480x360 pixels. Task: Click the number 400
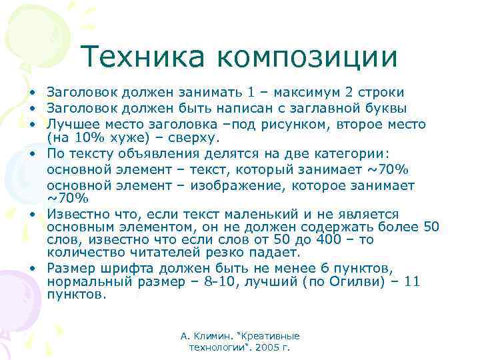(x=337, y=240)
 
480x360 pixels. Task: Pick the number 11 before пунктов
(x=412, y=282)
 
